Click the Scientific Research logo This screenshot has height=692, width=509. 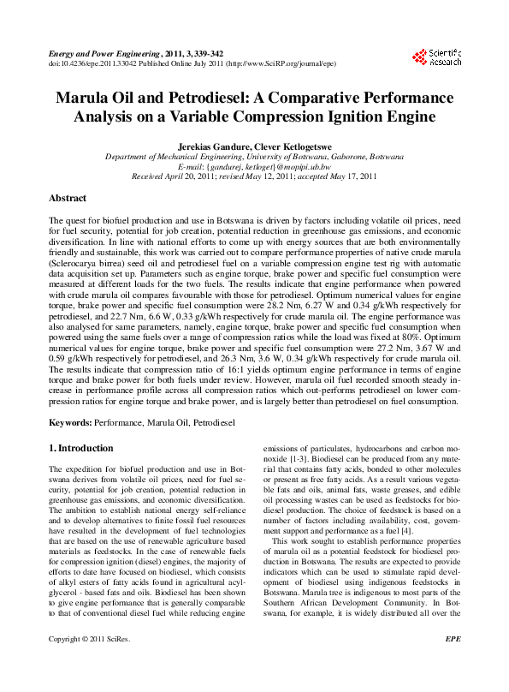tap(437, 57)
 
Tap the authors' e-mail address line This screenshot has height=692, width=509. tap(254, 167)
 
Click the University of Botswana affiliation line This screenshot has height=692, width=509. tap(254, 157)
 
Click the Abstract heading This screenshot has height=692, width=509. tap(68, 198)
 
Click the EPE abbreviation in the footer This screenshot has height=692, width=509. tap(454, 663)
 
